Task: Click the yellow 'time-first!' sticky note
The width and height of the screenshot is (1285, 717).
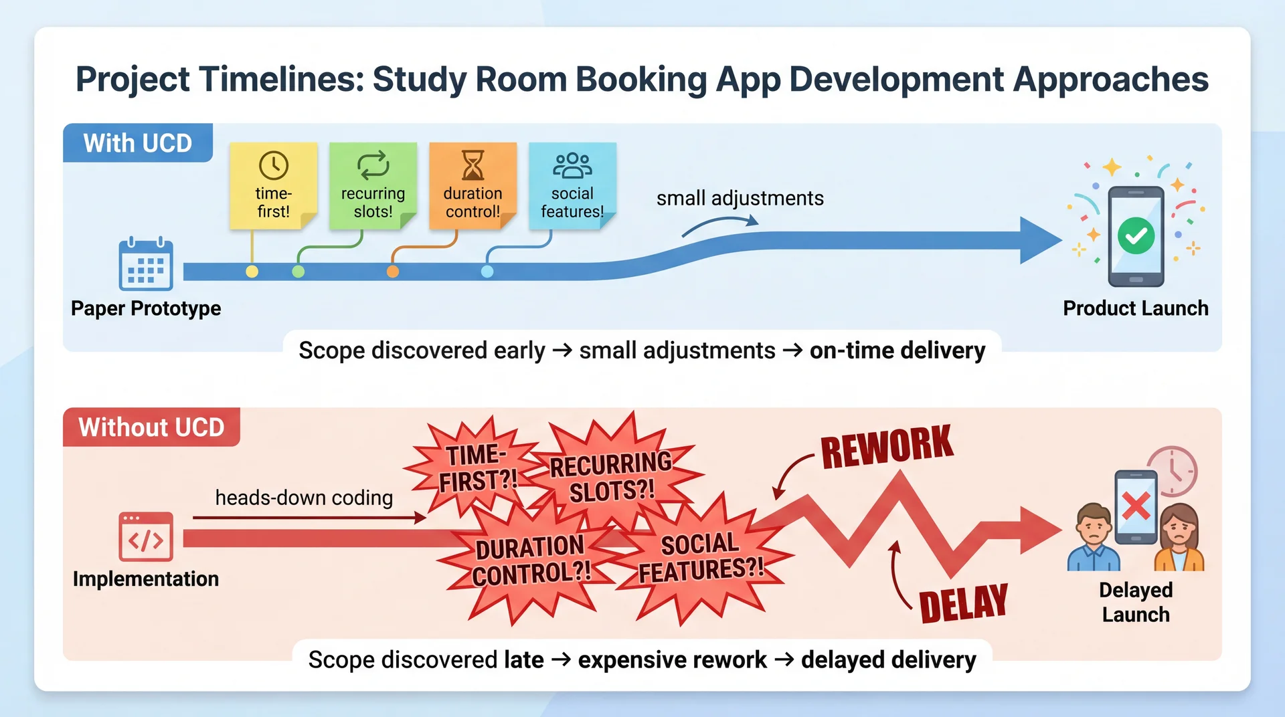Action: coord(273,187)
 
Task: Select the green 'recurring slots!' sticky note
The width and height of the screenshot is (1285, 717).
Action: coord(373,187)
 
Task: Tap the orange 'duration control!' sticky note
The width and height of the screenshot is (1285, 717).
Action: coord(473,187)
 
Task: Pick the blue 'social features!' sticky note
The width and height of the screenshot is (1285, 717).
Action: coord(572,187)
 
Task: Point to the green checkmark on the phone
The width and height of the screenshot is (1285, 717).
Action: coord(1136,235)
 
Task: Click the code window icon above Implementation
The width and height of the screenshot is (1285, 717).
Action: coord(146,536)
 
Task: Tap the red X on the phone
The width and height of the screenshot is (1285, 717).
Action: coord(1136,506)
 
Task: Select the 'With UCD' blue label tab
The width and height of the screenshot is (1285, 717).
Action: coord(138,143)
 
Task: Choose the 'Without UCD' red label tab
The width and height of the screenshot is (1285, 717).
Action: coord(151,427)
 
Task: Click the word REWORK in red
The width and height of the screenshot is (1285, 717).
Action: coord(886,447)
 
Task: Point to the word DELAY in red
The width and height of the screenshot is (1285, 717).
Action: coord(963,603)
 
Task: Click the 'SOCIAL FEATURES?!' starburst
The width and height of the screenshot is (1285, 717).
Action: coord(701,557)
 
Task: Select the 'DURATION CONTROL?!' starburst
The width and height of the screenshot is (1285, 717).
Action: coord(531,560)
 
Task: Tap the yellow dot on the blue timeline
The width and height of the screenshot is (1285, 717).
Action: coord(252,272)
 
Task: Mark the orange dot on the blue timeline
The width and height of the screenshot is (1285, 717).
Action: coord(393,272)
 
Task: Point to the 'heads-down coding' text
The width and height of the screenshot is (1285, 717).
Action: coord(304,498)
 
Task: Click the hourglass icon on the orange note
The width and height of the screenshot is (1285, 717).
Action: coord(473,165)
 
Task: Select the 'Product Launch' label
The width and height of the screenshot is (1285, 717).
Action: coord(1136,308)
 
